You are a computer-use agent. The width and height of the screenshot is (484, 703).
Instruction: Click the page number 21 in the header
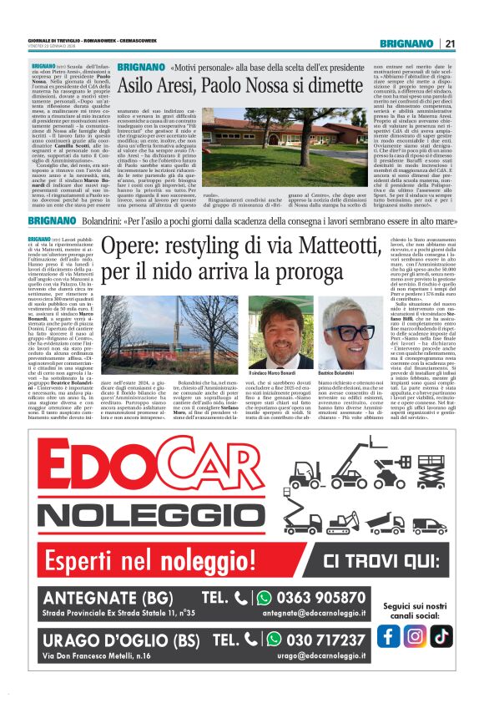(450, 43)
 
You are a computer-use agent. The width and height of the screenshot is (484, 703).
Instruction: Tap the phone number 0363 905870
(332, 598)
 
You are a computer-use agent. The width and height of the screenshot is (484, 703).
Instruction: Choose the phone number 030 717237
(332, 664)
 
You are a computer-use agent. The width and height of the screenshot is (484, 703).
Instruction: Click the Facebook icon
(386, 635)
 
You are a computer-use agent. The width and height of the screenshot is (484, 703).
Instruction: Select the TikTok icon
(441, 635)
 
